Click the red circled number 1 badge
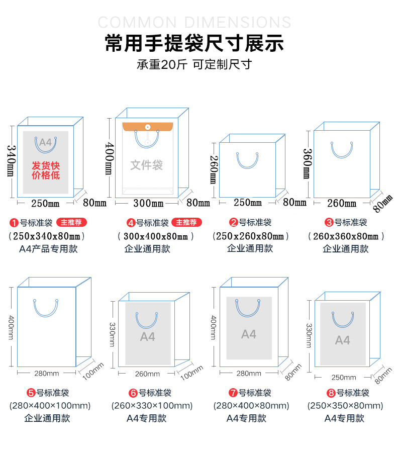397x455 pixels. point(14,223)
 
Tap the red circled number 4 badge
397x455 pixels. point(131,223)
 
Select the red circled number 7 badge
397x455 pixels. point(233,393)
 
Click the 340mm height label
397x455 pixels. point(11,161)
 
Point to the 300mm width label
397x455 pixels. point(148,203)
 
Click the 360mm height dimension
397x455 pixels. point(308,163)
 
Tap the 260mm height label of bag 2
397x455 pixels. point(214,169)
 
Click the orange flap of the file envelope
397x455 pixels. point(148,127)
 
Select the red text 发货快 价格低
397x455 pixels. point(46,170)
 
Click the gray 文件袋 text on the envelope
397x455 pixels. point(146,165)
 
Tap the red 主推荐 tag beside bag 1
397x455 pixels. point(71,222)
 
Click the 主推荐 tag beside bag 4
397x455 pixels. point(186,222)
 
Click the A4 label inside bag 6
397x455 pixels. point(148,337)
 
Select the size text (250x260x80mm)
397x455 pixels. point(251,236)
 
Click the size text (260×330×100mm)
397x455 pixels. point(152,406)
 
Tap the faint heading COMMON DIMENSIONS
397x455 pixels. point(194,22)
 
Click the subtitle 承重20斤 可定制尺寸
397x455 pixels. point(194,64)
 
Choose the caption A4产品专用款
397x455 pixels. point(48,249)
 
